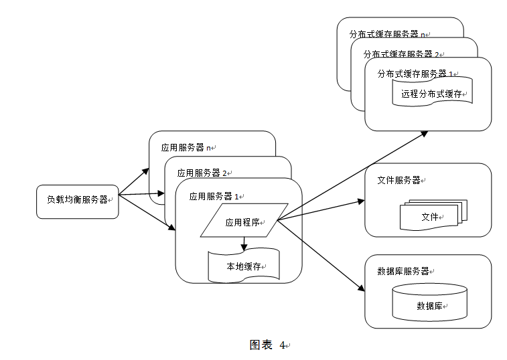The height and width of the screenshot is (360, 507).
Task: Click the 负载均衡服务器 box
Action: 77,201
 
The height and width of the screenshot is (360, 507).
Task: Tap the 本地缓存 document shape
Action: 243,266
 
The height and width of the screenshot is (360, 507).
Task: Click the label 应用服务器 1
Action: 215,197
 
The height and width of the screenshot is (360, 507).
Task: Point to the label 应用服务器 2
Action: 198,173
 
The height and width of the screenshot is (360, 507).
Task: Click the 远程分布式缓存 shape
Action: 432,93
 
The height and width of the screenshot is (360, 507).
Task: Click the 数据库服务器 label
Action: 405,271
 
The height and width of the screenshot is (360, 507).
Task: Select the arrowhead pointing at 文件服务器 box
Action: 361,200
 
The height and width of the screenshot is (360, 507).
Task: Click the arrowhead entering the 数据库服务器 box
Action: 361,288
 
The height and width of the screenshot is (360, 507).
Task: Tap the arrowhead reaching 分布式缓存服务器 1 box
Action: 425,134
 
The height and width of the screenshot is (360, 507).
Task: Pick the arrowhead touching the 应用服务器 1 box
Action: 172,228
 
